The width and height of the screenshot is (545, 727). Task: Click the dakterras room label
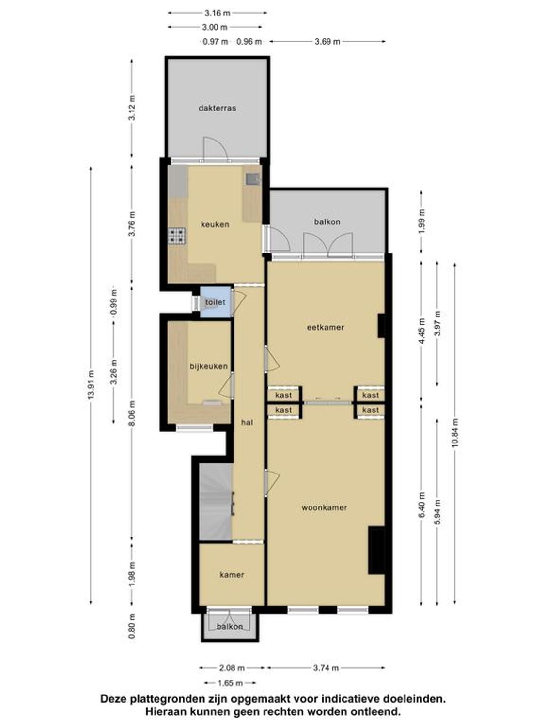click(217, 108)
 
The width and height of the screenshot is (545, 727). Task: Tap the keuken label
click(215, 224)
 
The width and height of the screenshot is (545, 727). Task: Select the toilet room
click(215, 302)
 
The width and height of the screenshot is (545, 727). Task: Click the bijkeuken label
click(208, 366)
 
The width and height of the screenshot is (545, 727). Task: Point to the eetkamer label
click(326, 327)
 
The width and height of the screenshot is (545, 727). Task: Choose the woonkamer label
click(324, 508)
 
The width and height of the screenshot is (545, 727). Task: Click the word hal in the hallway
click(247, 423)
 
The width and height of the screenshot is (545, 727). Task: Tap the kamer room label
click(232, 575)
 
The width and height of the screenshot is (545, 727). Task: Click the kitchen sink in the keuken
click(252, 179)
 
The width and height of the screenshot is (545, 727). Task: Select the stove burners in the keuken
click(177, 237)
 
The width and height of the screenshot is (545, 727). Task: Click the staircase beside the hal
click(216, 502)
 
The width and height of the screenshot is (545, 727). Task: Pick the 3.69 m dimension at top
click(327, 42)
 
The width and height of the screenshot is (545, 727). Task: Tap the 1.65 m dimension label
click(230, 683)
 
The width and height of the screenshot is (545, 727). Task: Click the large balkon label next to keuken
click(327, 222)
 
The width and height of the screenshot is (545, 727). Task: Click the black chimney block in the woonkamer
click(376, 550)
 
